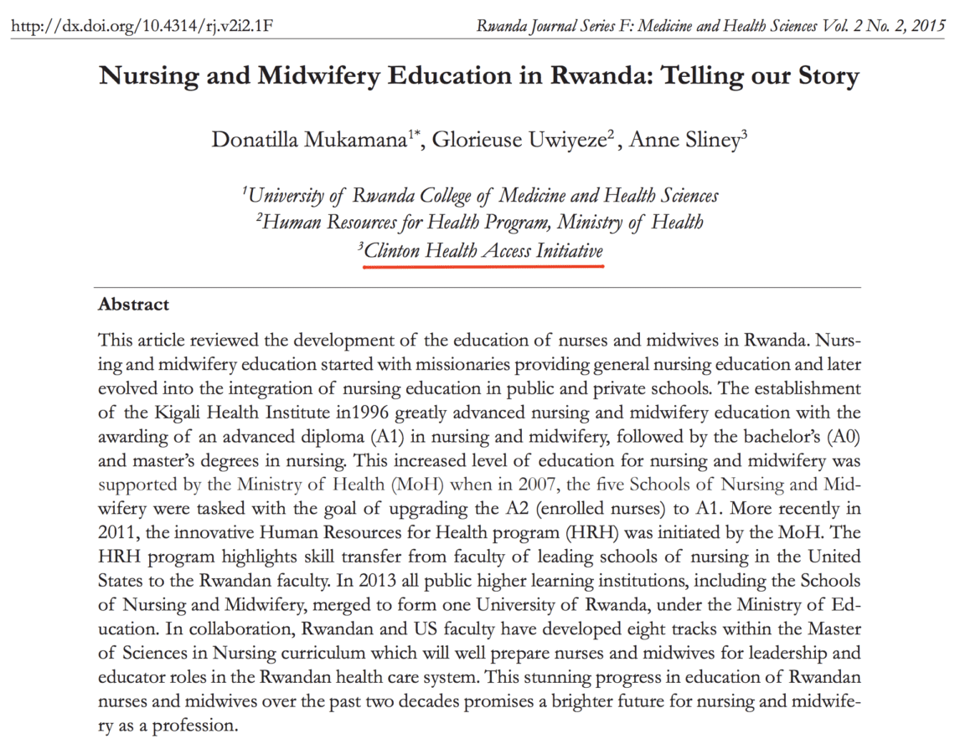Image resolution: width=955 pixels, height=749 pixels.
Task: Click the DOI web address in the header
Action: pos(142,25)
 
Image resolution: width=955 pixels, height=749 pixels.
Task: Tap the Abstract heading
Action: pos(133,305)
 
